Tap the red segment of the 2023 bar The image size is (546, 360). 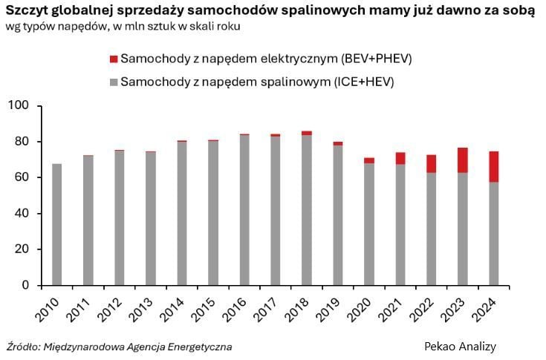[x=462, y=160]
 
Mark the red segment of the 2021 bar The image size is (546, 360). [x=400, y=158]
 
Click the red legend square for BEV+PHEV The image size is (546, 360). [x=113, y=59]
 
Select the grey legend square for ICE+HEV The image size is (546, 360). [x=113, y=82]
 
